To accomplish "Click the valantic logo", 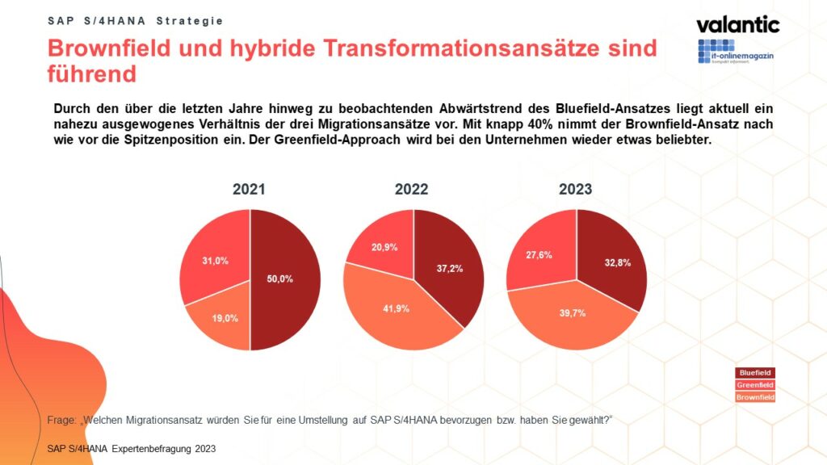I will tap(737, 24).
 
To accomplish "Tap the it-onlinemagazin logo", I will tap(738, 52).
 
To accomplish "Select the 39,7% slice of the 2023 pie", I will tap(569, 315).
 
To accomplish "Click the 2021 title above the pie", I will tap(249, 190).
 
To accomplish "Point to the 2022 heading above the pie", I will tap(412, 190).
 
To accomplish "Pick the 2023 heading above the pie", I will tap(575, 190).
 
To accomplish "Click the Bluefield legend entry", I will tap(756, 373).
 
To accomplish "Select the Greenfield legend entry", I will tap(756, 385).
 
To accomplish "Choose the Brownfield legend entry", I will tap(756, 397).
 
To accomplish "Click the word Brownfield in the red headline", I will tap(104, 48).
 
